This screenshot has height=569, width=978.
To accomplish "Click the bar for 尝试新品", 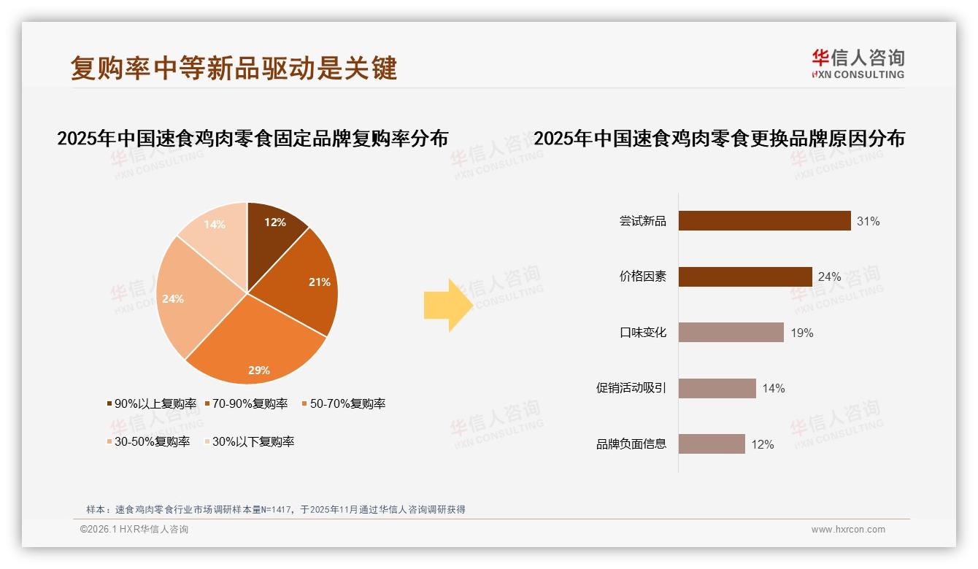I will point(764,221).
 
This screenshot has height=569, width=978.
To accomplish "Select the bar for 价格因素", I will point(745,276).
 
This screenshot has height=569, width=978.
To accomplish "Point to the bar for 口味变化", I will point(731,333).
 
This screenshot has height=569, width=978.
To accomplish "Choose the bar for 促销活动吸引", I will point(717,388).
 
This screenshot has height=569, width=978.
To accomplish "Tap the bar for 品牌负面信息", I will point(712,444).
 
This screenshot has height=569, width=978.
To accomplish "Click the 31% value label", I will point(868,221).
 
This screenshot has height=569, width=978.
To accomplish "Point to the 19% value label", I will point(801,333).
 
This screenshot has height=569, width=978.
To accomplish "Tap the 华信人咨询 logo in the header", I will point(858,63).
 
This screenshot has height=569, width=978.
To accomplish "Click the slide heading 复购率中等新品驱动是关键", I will point(234,68).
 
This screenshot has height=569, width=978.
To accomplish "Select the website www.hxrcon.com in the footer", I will point(848,530).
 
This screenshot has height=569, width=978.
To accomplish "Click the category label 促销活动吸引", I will point(631,388).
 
